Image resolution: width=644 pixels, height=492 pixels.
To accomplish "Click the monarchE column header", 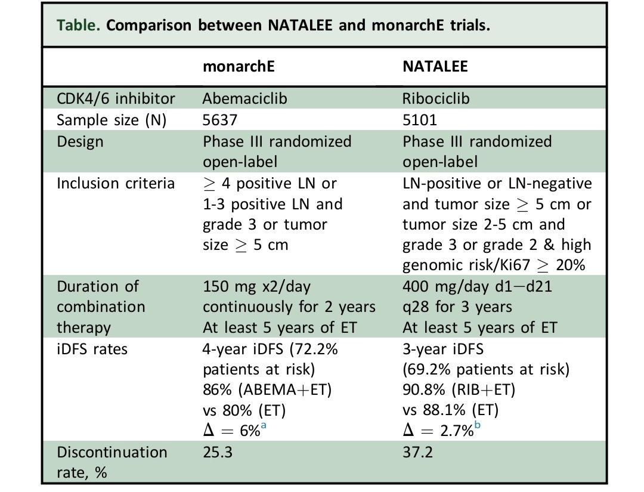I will [x=238, y=67].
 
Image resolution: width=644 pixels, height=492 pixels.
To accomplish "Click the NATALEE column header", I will [x=435, y=67].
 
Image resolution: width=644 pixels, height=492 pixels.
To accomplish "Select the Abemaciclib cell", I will [x=244, y=98].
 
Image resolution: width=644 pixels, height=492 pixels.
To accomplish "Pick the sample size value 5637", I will [x=220, y=120].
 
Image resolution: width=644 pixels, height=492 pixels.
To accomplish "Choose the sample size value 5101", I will [x=419, y=120].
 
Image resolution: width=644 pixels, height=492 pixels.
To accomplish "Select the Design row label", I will [x=80, y=141].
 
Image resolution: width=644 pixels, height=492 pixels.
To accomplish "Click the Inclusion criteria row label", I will [x=116, y=183].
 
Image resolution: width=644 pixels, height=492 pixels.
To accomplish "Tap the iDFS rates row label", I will [x=92, y=349].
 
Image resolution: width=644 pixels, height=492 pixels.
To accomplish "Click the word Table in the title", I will [x=72, y=27].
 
